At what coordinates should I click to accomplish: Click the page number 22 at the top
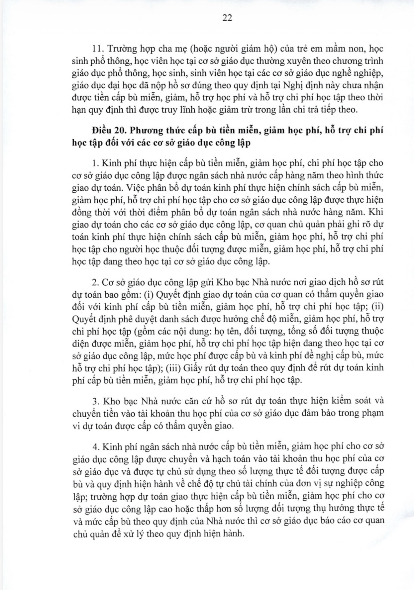tap(227, 18)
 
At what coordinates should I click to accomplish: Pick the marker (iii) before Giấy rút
tap(169, 368)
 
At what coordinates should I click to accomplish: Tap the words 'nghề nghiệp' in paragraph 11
tap(360, 73)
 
